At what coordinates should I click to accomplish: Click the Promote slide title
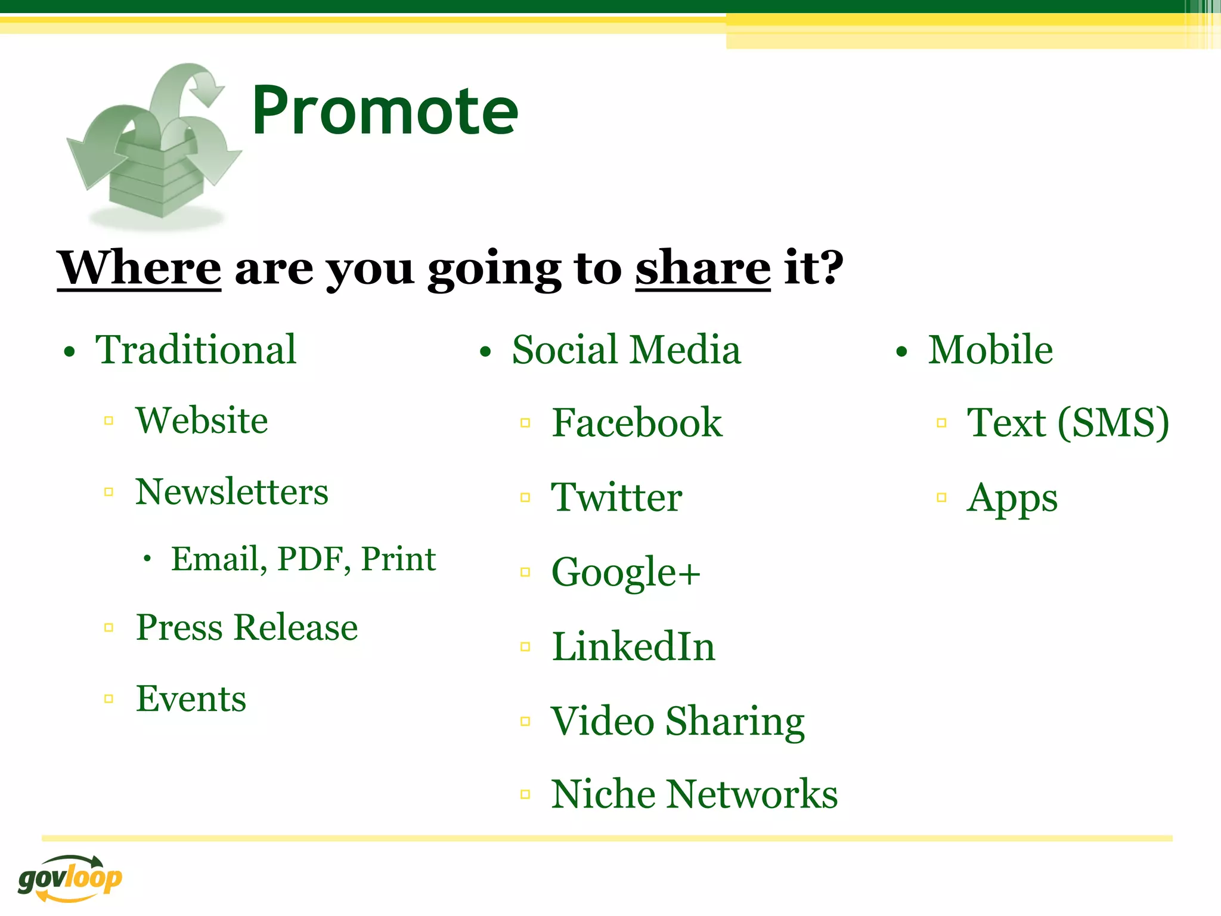coord(385,112)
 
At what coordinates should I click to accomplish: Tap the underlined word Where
coord(139,268)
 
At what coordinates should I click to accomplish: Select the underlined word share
coord(702,268)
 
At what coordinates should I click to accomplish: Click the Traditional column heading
coord(196,350)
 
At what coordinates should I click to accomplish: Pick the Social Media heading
coord(626,350)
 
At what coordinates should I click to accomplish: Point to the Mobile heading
coord(990,350)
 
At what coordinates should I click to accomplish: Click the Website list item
coord(202,421)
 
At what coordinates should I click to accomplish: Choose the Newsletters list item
coord(231,493)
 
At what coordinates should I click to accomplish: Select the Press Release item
coord(247,627)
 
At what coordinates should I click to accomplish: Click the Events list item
coord(191,699)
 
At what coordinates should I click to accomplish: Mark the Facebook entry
coord(637,423)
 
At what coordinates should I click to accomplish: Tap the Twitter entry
coord(616,497)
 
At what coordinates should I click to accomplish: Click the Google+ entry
coord(625,572)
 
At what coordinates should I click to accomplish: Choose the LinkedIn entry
coord(633,647)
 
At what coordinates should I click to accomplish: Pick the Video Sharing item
coord(677,722)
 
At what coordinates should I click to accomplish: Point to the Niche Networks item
coord(694,795)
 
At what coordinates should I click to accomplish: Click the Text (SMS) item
coord(1067,423)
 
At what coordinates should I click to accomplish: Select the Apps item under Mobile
coord(1012,499)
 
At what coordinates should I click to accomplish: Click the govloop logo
coord(70,878)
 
